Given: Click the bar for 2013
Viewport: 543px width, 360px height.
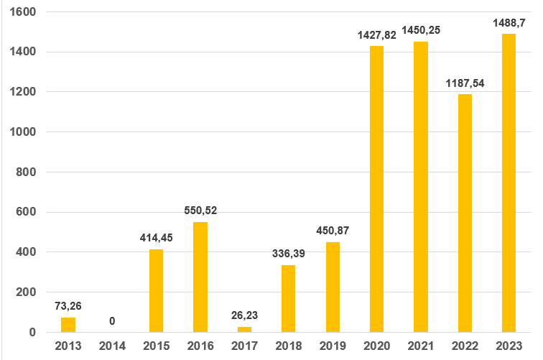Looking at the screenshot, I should [x=68, y=325].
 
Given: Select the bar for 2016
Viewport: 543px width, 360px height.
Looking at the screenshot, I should [x=200, y=277].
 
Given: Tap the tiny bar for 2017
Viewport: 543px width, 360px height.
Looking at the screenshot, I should [x=244, y=329].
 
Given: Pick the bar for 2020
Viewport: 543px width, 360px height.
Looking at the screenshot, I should [x=376, y=189].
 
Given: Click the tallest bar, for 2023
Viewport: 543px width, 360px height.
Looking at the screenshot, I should [x=509, y=183].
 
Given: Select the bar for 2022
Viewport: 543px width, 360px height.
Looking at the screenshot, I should [x=465, y=213].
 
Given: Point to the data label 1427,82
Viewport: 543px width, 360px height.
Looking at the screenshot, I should [x=376, y=34].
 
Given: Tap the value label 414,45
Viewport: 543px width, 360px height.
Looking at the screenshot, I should [x=157, y=238].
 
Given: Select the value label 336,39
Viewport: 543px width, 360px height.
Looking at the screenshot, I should [x=288, y=254].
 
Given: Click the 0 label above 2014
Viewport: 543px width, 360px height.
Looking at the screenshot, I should [x=112, y=320].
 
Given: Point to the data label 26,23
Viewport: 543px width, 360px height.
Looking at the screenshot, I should [x=244, y=315].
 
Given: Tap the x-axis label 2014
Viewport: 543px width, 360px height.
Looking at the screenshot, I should [x=112, y=346].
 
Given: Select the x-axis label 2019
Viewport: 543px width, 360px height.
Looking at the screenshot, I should [x=333, y=346].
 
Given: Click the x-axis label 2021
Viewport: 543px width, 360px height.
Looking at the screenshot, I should [x=421, y=346].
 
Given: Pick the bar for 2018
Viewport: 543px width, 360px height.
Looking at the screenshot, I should [x=288, y=298].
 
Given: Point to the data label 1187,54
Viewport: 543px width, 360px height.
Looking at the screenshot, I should [x=465, y=83].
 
